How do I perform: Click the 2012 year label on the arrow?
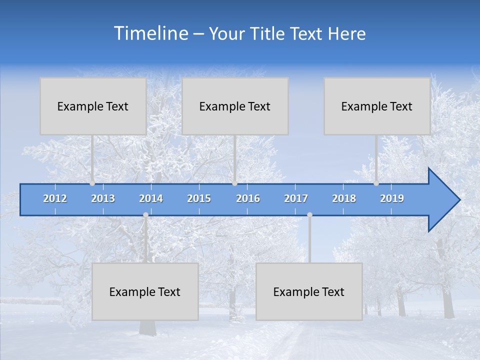tap(55, 199)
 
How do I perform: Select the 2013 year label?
tap(103, 199)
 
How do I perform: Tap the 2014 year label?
tap(151, 199)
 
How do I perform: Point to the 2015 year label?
tap(199, 199)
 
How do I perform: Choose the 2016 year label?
tap(248, 199)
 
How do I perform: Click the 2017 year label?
tap(296, 199)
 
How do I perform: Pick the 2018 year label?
tap(344, 199)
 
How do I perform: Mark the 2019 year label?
tap(392, 199)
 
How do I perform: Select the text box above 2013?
tap(93, 106)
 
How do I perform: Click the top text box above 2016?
tap(235, 106)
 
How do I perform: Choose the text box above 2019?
tap(377, 106)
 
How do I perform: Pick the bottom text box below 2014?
tap(145, 291)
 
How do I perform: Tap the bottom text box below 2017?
tap(309, 291)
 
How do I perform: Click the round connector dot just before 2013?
tap(92, 183)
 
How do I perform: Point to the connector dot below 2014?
tap(145, 215)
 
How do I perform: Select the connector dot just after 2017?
tap(309, 215)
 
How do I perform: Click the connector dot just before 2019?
tap(376, 183)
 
